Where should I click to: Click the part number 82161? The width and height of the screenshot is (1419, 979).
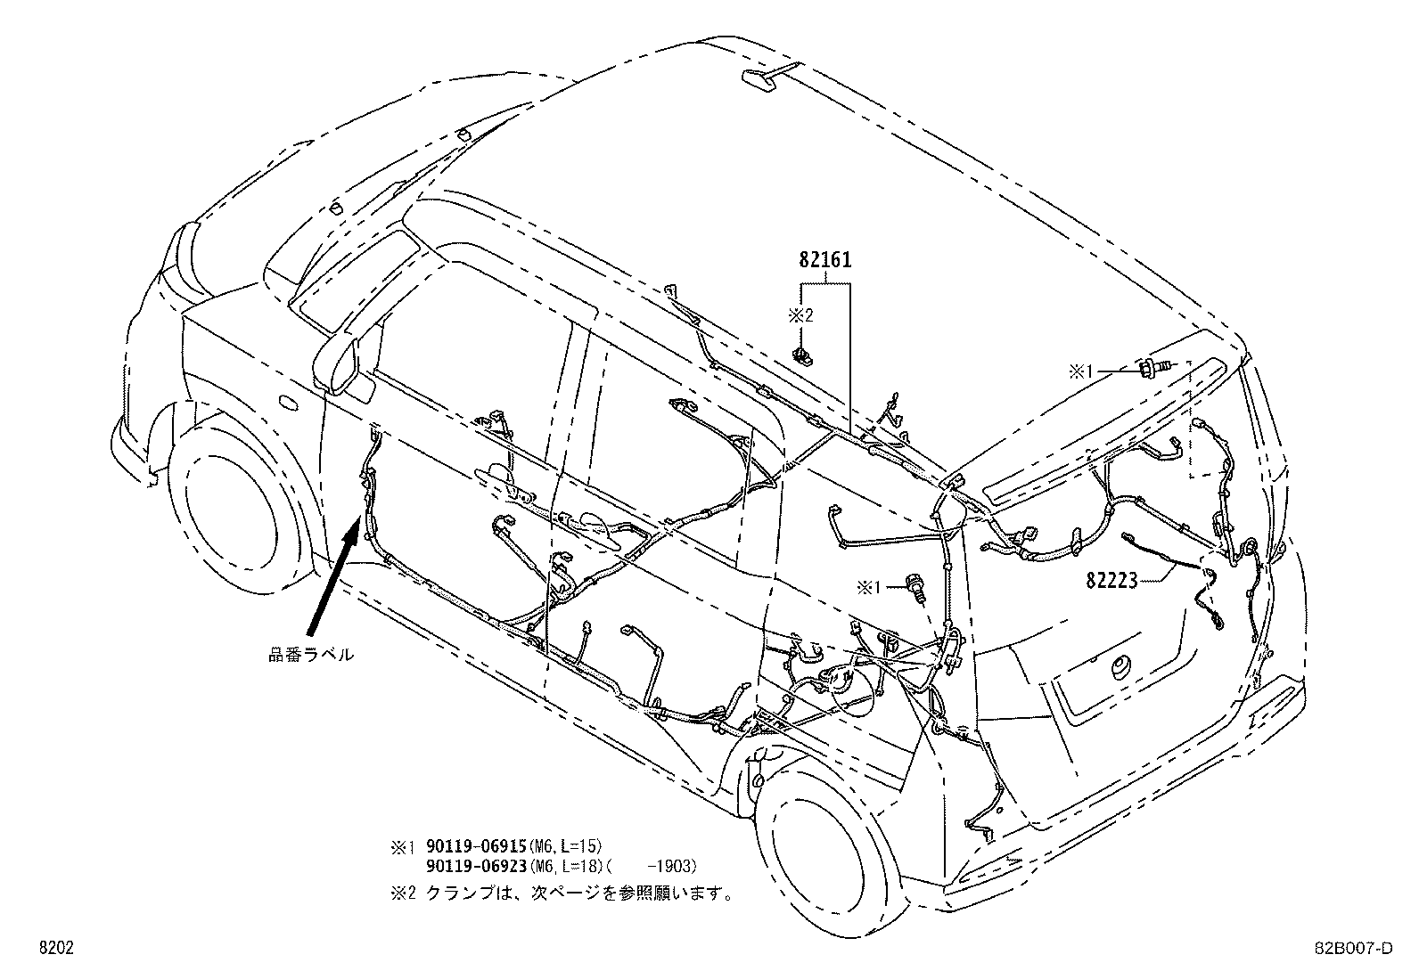click(x=824, y=261)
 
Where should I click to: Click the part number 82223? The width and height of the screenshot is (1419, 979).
click(x=1111, y=581)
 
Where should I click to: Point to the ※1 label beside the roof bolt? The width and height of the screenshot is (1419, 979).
click(x=1086, y=371)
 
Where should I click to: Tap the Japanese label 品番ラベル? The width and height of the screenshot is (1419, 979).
click(x=311, y=655)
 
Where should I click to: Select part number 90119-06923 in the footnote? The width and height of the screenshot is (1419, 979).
click(x=477, y=866)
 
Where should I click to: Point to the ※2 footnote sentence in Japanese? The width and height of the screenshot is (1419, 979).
click(x=579, y=893)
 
